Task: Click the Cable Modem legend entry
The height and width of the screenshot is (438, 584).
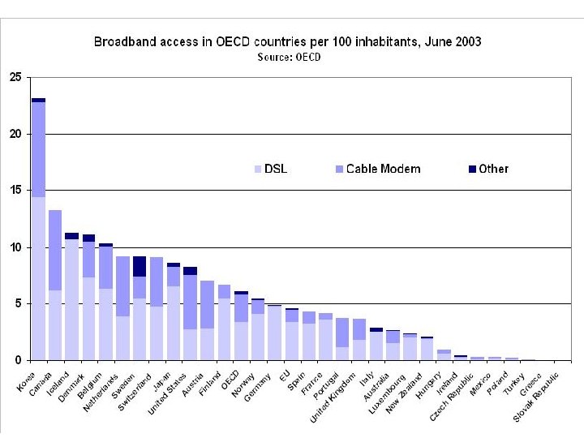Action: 376,169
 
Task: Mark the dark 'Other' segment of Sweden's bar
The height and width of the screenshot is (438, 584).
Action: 140,266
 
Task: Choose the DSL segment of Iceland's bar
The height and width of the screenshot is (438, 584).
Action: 72,299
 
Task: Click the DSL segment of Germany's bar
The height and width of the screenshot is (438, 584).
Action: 275,333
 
